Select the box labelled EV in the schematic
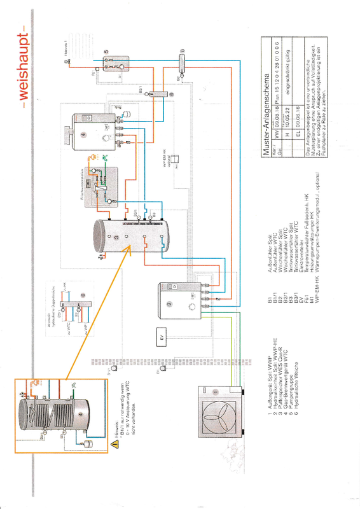coord(162,335)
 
